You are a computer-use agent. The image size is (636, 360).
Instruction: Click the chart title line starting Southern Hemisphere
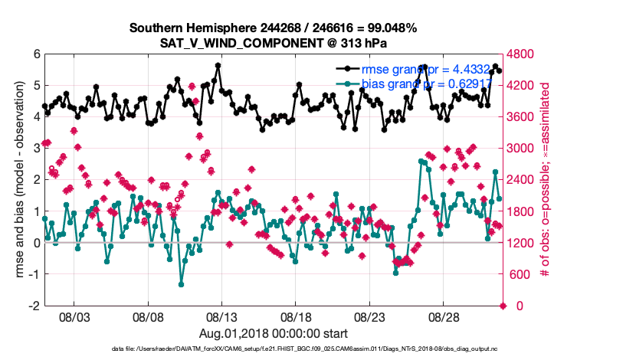coord(273,28)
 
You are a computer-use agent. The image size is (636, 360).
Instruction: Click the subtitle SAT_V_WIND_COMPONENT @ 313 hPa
coord(273,42)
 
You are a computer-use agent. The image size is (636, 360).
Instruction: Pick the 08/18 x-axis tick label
coord(296,316)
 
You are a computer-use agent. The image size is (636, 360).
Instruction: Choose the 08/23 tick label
coord(370,316)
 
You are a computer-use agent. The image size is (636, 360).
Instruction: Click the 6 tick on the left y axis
coord(37,54)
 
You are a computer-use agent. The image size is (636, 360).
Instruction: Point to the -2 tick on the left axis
coord(34,306)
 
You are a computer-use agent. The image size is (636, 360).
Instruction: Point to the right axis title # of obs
coord(548,180)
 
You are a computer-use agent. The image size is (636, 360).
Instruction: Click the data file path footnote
coord(273,349)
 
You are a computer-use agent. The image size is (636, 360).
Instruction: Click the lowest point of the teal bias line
coord(182,284)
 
